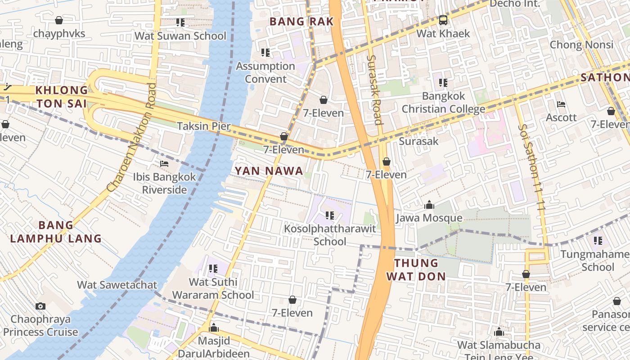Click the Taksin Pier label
[x=203, y=126]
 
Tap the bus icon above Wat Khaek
[x=443, y=20]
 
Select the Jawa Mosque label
[x=429, y=218]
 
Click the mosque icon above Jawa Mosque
[x=429, y=205]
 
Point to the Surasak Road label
[x=374, y=90]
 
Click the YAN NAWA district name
[x=269, y=171]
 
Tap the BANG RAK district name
[x=301, y=22]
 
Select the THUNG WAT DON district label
[x=416, y=270]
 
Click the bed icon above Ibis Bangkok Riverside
[x=164, y=163]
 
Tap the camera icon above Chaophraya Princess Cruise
[x=40, y=306]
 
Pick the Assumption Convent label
[x=265, y=72]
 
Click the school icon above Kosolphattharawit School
[x=330, y=216]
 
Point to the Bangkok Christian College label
[x=443, y=103]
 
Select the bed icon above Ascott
[x=561, y=104]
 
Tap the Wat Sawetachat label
[x=117, y=285]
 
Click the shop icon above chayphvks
[x=59, y=20]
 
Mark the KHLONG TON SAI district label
[x=61, y=97]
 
